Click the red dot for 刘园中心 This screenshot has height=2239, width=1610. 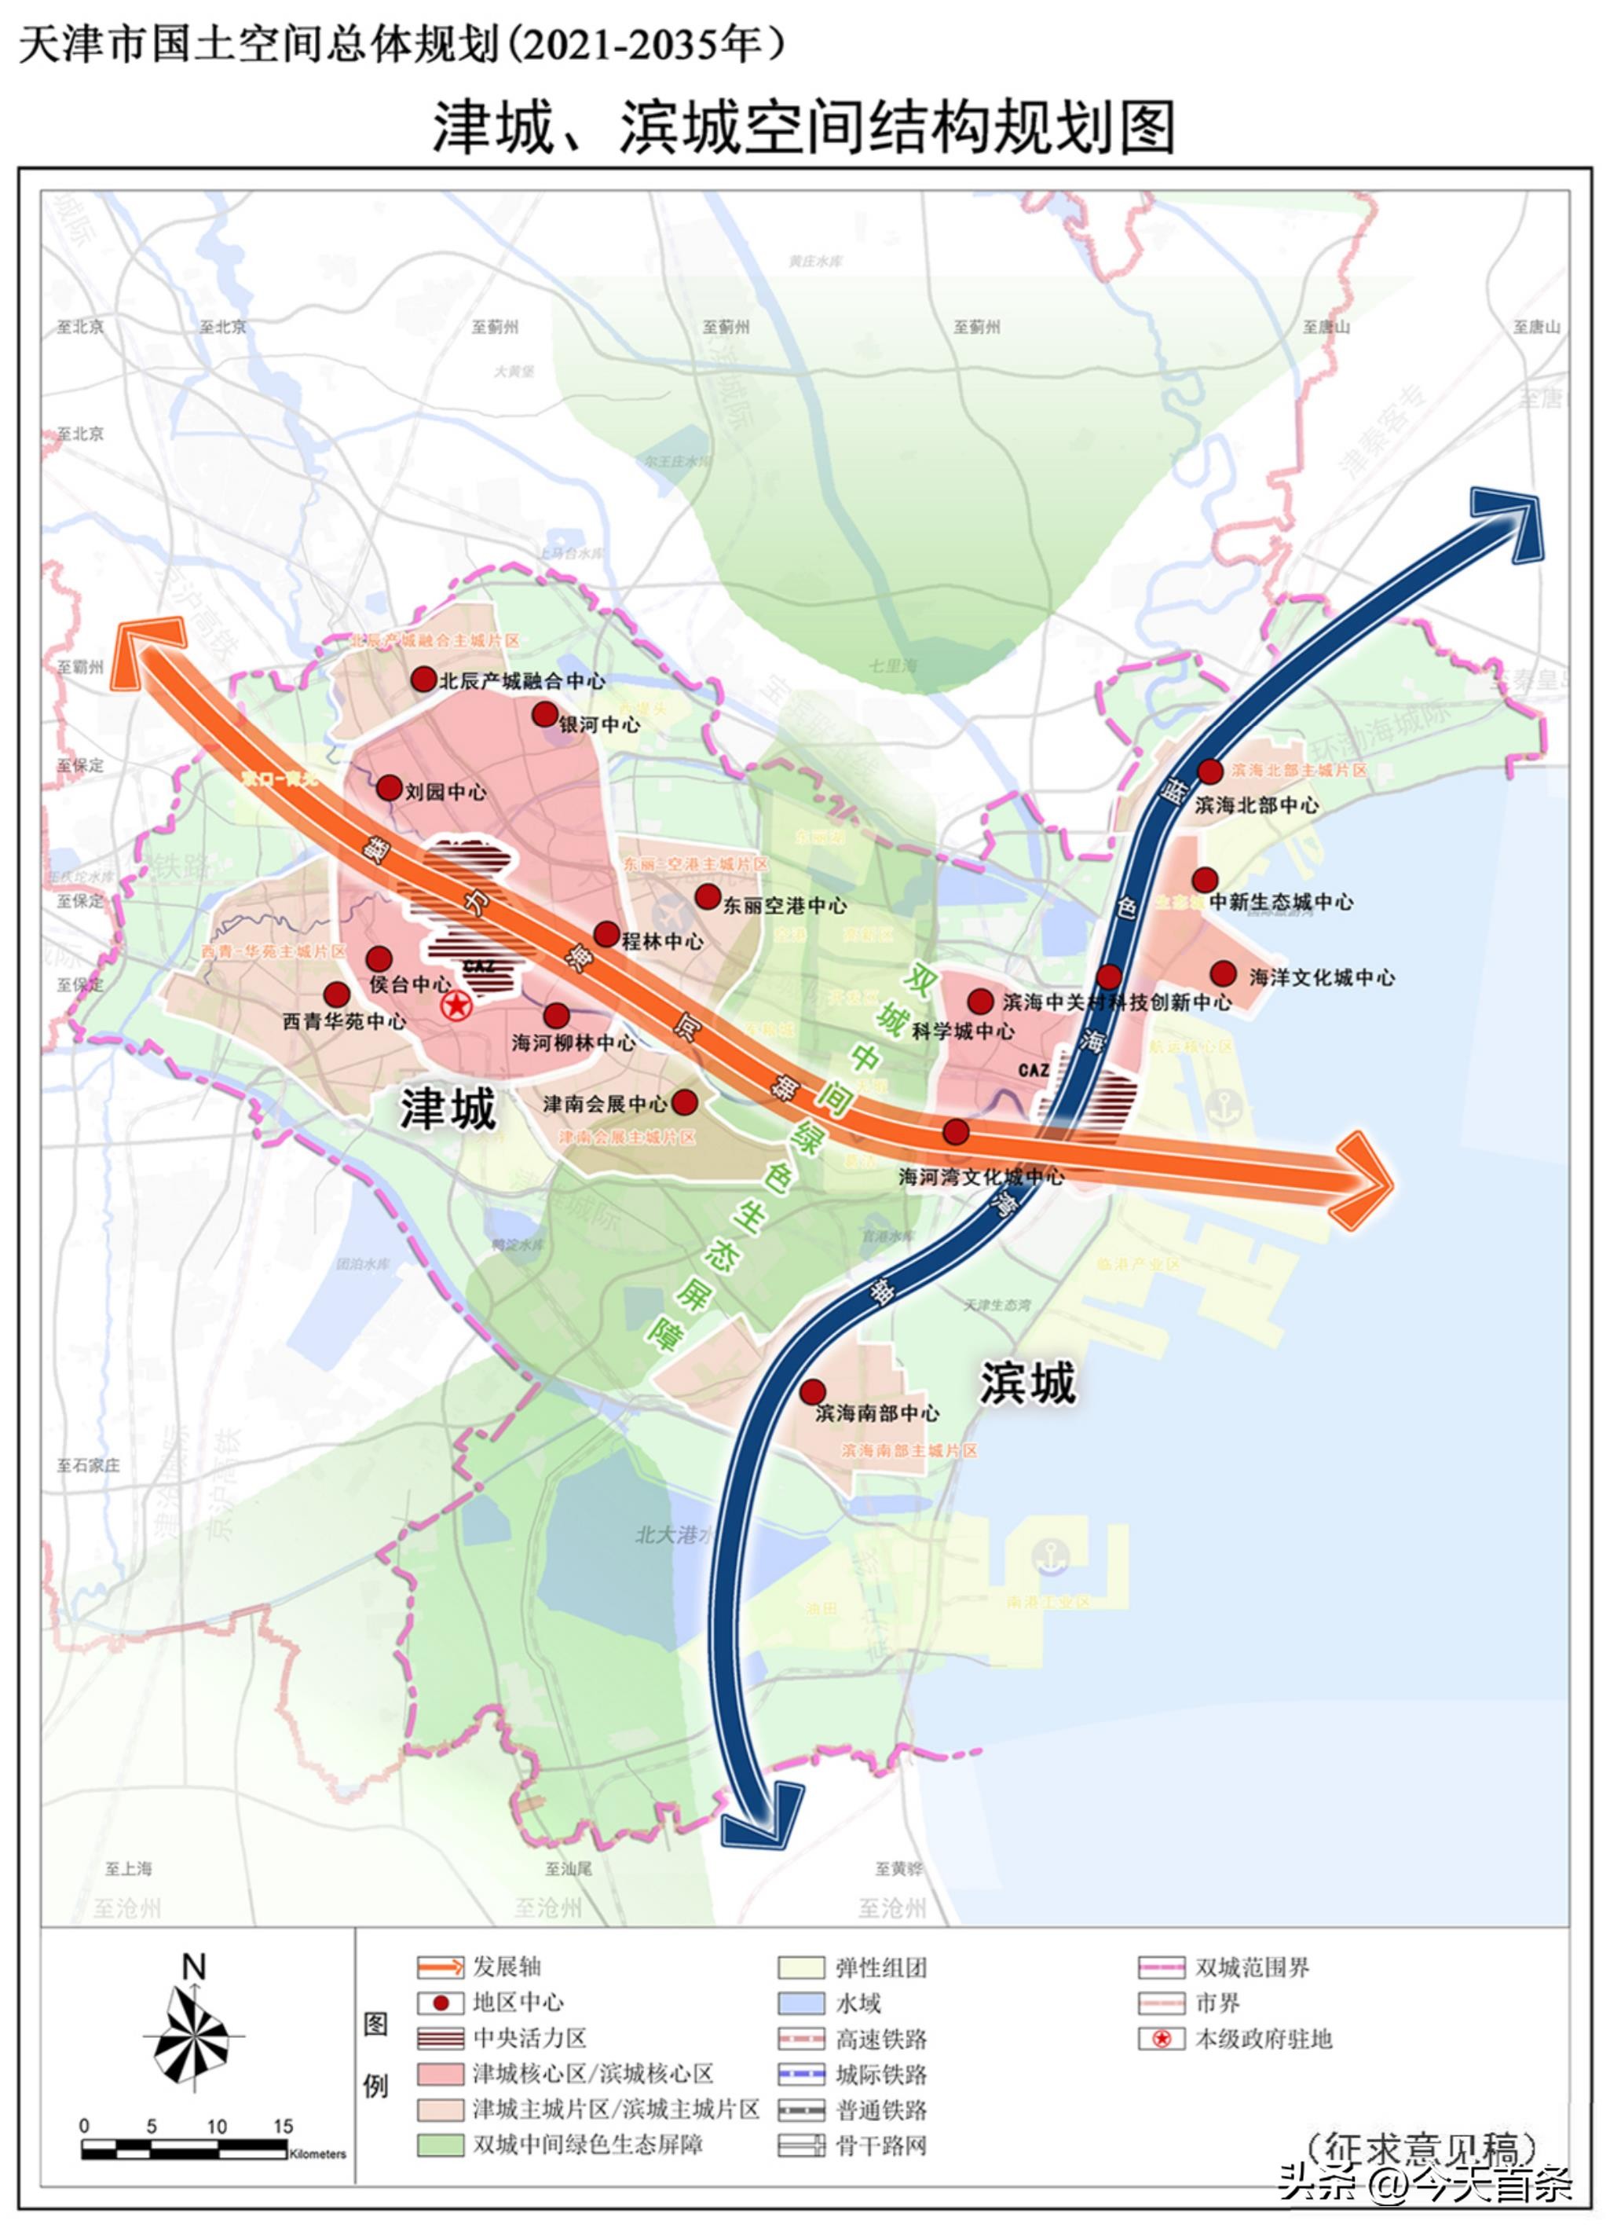(x=389, y=788)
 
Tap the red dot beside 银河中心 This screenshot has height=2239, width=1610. (x=545, y=715)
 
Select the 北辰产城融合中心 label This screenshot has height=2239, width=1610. (x=522, y=680)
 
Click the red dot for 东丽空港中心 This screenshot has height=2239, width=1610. (x=708, y=896)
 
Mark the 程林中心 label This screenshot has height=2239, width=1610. (x=662, y=942)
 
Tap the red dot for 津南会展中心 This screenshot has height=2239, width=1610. (x=684, y=1101)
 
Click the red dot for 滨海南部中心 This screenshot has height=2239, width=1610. (x=812, y=1392)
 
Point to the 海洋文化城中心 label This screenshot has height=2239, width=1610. (x=1322, y=977)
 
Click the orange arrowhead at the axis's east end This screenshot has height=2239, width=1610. (x=1365, y=1181)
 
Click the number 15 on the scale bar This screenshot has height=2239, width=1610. (x=284, y=2125)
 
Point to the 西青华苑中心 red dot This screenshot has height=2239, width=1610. (x=337, y=994)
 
